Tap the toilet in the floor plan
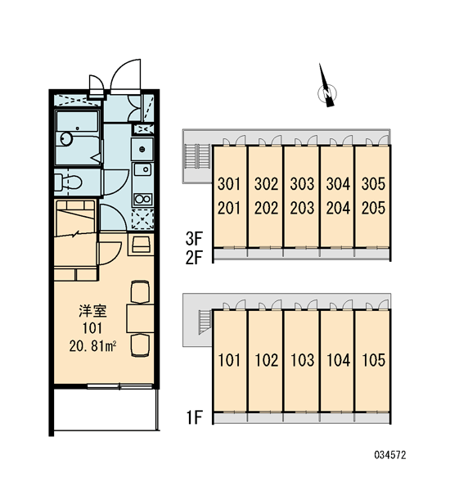68,182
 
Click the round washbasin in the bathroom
66,138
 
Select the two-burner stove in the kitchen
143,199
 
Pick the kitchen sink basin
142,169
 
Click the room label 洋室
92,311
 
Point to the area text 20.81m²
93,346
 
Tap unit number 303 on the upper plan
302,184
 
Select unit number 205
373,208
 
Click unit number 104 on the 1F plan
338,360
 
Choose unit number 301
229,184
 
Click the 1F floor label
195,417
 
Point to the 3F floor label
194,239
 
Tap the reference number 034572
390,455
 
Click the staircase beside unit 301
198,156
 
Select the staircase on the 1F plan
205,322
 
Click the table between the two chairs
140,318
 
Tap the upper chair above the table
140,292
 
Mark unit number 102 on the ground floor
267,360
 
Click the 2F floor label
194,258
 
